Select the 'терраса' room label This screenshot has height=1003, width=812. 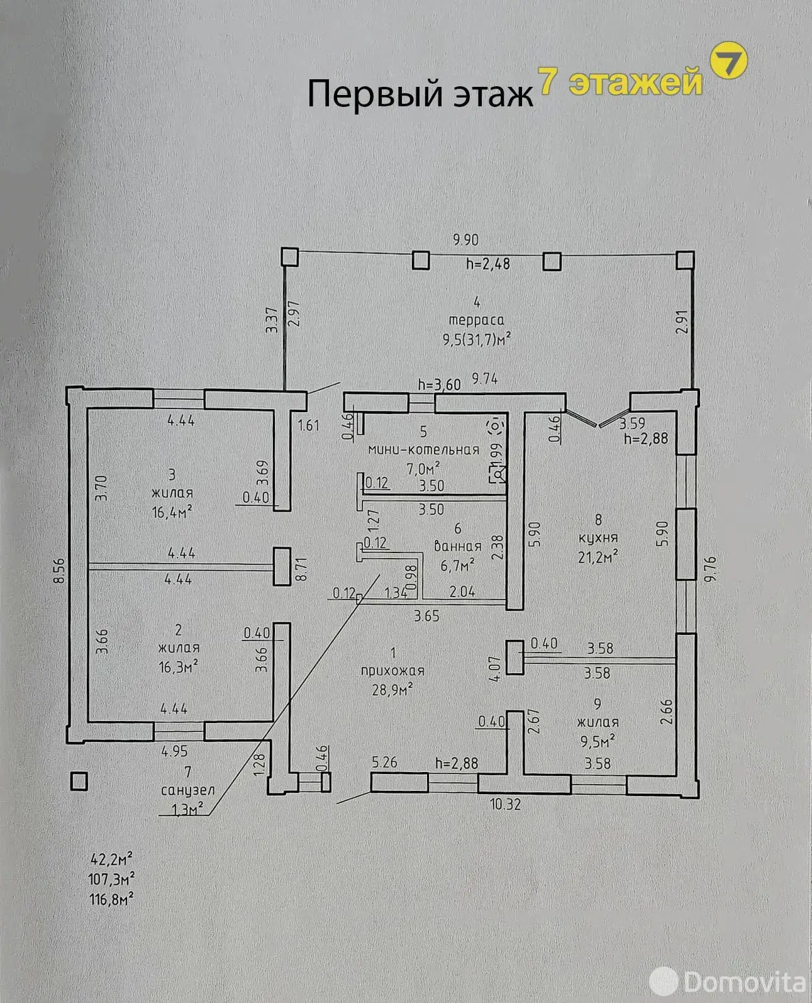tap(476, 320)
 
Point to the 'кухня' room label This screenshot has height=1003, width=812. tap(598, 538)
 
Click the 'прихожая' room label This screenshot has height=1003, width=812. tap(392, 671)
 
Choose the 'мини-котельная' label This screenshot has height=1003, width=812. tap(424, 450)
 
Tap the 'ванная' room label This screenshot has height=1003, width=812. tap(457, 546)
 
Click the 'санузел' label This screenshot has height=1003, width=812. tap(188, 790)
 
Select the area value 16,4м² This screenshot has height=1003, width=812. tap(172, 512)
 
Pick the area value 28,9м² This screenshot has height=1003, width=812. tap(392, 690)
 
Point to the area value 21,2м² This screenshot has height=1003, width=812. tap(598, 557)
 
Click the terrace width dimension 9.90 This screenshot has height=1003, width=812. tap(465, 240)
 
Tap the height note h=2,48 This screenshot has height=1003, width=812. tap(488, 263)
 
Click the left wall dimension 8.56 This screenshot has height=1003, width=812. tap(59, 571)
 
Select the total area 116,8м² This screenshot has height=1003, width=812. tap(111, 900)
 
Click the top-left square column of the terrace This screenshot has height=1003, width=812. tap(290, 257)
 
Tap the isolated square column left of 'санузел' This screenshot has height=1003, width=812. tap(79, 782)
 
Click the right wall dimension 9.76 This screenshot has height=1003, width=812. tap(710, 569)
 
